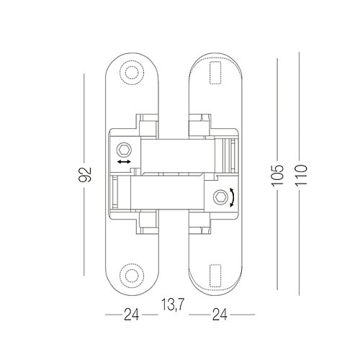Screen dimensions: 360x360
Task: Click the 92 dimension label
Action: click(x=85, y=174)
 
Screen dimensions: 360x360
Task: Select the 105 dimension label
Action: click(x=277, y=175)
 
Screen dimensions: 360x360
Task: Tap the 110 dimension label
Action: click(x=301, y=175)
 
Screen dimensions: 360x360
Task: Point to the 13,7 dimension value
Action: click(x=173, y=305)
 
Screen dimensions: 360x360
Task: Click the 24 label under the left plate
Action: click(x=132, y=315)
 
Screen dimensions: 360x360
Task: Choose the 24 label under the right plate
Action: click(x=220, y=315)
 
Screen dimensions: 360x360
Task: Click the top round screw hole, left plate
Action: click(x=132, y=72)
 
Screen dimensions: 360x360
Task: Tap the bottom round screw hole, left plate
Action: click(x=132, y=275)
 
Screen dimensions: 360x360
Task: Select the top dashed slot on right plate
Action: click(x=215, y=73)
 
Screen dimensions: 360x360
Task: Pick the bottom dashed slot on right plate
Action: click(x=215, y=276)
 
